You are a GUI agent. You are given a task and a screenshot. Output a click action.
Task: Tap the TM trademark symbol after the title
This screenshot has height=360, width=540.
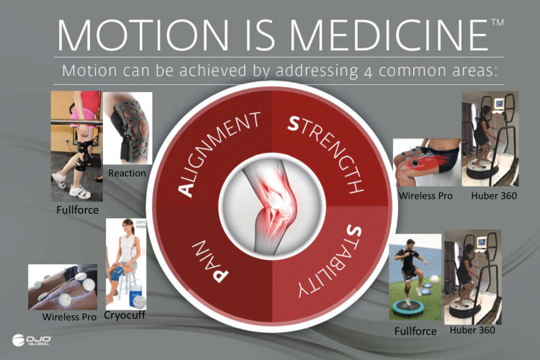click(x=498, y=22)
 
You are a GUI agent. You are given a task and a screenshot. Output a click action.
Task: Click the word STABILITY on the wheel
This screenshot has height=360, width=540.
click(x=330, y=261)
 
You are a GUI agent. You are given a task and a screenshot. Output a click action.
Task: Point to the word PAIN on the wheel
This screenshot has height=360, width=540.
click(x=210, y=261)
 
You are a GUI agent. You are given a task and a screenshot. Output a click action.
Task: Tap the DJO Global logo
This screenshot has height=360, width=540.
click(x=32, y=340)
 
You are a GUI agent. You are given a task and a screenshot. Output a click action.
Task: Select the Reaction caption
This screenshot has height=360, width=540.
click(x=127, y=173)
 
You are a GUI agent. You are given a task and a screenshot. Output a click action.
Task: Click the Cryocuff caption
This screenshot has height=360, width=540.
click(x=125, y=315)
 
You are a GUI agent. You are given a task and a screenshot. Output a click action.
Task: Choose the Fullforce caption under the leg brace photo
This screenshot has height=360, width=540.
click(x=78, y=210)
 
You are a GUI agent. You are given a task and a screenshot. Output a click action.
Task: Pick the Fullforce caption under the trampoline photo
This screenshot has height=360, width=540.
click(x=415, y=331)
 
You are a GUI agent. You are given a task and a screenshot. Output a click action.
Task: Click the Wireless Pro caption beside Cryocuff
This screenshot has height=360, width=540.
click(x=69, y=317)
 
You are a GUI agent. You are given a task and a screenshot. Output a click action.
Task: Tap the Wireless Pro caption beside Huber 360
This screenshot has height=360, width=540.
click(x=426, y=196)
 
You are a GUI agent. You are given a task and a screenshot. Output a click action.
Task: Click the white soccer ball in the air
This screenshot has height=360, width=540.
click(x=435, y=279)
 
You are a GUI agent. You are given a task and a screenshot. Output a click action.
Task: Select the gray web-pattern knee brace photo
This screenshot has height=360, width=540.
click(x=127, y=128)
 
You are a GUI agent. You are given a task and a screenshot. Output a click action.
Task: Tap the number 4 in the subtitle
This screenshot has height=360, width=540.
click(x=368, y=72)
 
